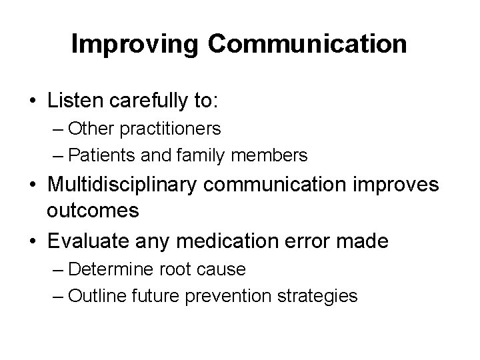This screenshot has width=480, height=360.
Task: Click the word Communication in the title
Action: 307,44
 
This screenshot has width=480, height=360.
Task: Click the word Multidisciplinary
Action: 121,185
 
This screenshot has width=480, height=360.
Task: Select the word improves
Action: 397,185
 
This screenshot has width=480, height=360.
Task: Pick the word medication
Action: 219,240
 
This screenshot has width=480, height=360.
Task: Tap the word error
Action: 309,240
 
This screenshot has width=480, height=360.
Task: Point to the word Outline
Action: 93,295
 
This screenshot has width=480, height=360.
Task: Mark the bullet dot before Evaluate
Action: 31,241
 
